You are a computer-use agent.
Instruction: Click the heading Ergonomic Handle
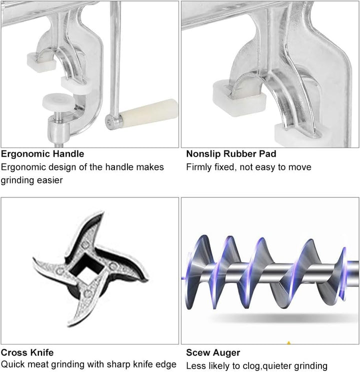click(42, 154)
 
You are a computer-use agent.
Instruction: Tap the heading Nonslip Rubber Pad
click(231, 154)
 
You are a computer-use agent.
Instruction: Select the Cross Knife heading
click(27, 352)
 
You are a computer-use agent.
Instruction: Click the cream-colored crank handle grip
click(148, 112)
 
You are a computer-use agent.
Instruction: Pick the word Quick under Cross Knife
click(12, 364)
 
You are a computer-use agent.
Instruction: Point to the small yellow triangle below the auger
click(289, 342)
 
